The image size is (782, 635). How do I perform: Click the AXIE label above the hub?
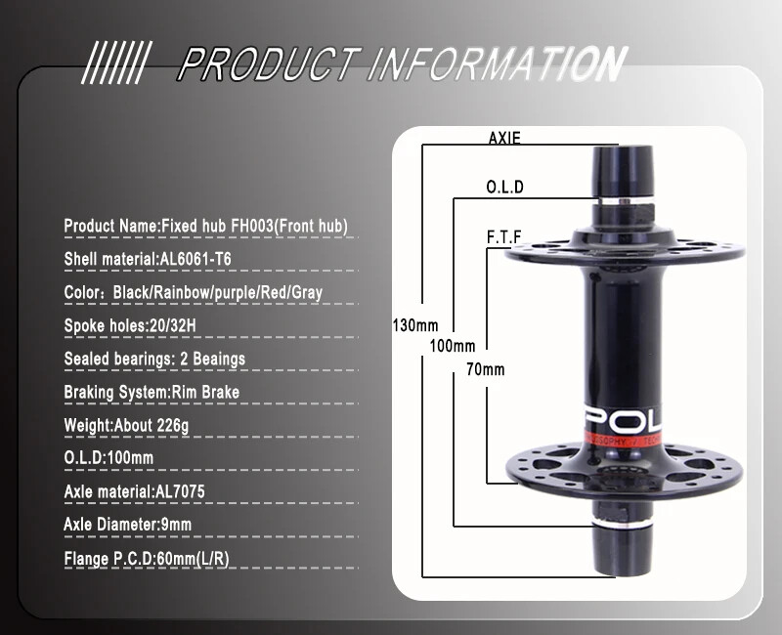pos(504,139)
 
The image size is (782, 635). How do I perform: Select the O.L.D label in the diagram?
pos(504,188)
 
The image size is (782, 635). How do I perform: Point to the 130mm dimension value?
pos(414,324)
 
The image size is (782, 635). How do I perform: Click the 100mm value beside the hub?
pos(452,346)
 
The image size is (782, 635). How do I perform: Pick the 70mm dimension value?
pos(485,369)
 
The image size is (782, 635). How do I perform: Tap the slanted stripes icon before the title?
pos(113,64)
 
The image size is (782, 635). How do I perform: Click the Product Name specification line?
pos(205,227)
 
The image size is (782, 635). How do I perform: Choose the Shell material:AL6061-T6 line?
pos(148,259)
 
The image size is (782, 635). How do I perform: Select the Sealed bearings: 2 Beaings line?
pos(154,359)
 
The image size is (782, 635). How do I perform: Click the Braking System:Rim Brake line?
pos(152,392)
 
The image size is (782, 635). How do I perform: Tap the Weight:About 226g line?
pos(126,425)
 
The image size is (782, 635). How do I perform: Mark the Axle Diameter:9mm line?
pos(127,525)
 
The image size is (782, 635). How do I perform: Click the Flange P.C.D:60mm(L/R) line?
pos(147,559)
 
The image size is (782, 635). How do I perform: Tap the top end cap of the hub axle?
pos(618,158)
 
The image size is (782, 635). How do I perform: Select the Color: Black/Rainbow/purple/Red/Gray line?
pos(193,292)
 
